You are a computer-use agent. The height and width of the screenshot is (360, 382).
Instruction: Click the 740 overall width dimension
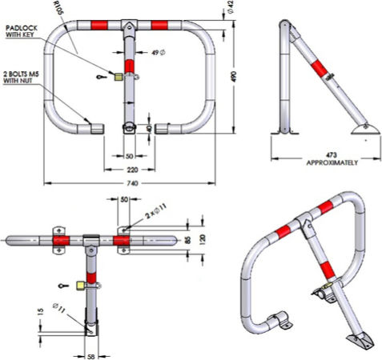coord(133,183)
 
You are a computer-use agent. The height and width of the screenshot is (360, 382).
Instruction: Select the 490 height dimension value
coord(234,77)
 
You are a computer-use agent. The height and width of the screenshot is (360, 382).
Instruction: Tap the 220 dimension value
coord(132,170)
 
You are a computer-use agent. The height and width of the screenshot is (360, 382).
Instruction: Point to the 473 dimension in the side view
coord(332,155)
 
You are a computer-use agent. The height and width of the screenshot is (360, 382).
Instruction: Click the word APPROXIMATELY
coord(332,162)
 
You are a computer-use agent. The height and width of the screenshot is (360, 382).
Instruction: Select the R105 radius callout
coord(59,8)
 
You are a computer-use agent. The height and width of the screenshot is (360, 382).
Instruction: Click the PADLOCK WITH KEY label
coord(22,31)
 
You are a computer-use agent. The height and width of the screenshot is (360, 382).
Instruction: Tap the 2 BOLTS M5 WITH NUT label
coord(21,77)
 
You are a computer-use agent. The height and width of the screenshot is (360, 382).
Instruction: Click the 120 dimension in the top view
coord(203,239)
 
